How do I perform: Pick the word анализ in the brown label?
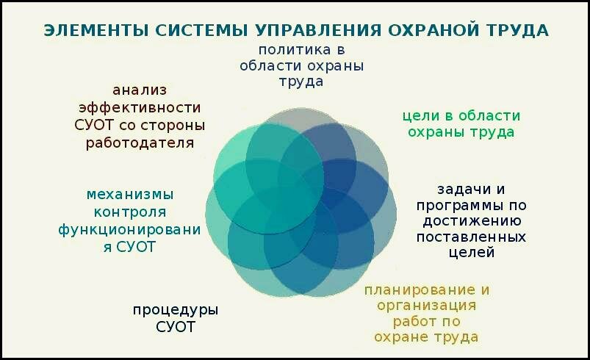pyautogui.click(x=140, y=90)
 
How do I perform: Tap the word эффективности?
pyautogui.click(x=140, y=108)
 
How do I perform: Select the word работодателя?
pyautogui.click(x=140, y=143)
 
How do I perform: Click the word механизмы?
pyautogui.click(x=130, y=195)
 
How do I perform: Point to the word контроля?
pyautogui.click(x=130, y=212)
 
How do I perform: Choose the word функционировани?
pyautogui.click(x=129, y=230)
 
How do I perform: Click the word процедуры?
pyautogui.click(x=176, y=311)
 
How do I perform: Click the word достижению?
pyautogui.click(x=472, y=221)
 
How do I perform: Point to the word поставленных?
pyautogui.click(x=471, y=237)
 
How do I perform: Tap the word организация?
pyautogui.click(x=427, y=306)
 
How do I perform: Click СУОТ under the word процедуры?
pyautogui.click(x=176, y=327)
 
